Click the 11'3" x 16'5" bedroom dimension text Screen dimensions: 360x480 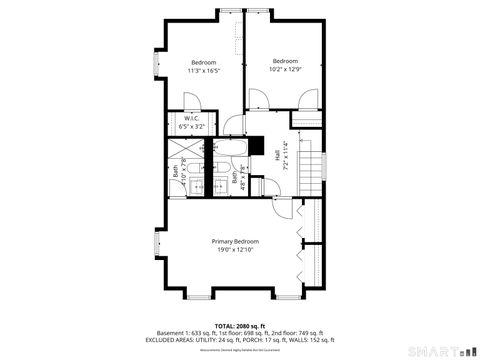[x=204, y=71]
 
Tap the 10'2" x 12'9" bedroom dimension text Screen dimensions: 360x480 [x=285, y=70]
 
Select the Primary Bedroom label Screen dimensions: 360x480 [x=235, y=241]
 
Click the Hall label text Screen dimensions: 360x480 [x=277, y=155]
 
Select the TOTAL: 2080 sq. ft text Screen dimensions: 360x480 [x=239, y=326]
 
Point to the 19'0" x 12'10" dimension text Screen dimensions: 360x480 [x=235, y=249]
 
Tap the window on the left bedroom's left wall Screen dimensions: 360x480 [x=155, y=66]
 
